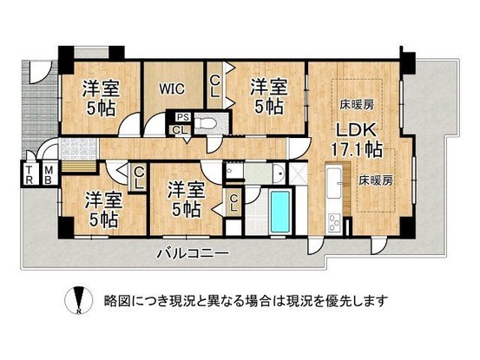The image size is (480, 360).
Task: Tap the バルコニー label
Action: (192, 254)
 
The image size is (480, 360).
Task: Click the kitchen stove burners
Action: (335, 224)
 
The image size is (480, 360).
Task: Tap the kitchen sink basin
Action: (335, 186)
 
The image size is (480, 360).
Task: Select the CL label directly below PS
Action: (179, 129)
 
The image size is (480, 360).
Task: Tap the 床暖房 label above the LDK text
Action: (357, 102)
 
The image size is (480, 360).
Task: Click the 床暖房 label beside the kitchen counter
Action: (377, 182)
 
